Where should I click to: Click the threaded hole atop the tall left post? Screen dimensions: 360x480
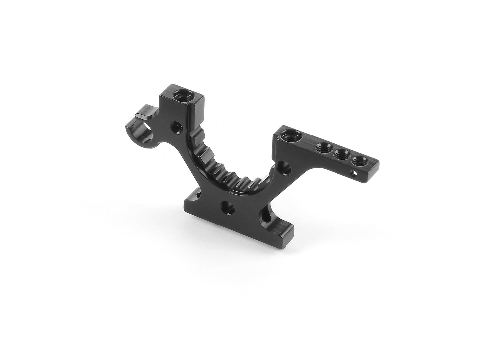181,96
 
